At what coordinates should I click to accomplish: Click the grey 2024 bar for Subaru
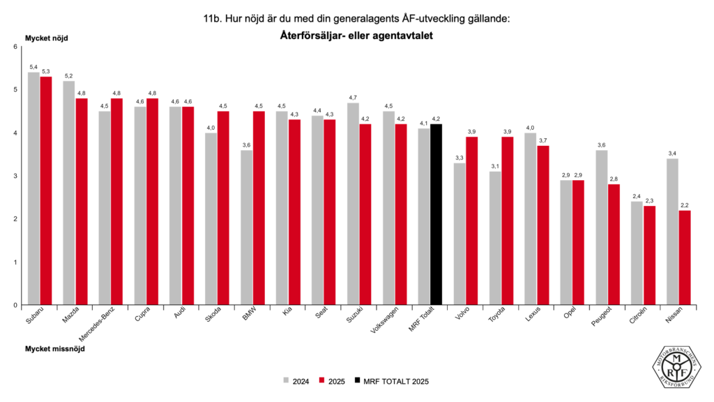(33, 188)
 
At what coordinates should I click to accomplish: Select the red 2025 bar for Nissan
(685, 258)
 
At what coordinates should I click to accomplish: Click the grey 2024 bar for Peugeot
(602, 228)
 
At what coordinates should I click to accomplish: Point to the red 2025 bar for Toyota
(508, 221)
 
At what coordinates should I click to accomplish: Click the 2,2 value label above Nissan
(685, 204)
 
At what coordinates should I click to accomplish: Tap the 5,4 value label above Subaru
(33, 66)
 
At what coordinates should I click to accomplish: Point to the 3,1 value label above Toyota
(495, 165)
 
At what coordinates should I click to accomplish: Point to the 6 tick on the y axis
(16, 47)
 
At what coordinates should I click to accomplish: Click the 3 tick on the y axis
(16, 176)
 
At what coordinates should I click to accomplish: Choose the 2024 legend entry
(296, 381)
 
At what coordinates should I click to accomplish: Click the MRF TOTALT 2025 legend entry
(390, 381)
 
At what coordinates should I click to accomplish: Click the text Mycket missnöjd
(55, 348)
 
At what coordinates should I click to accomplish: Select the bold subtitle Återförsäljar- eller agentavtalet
(356, 36)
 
